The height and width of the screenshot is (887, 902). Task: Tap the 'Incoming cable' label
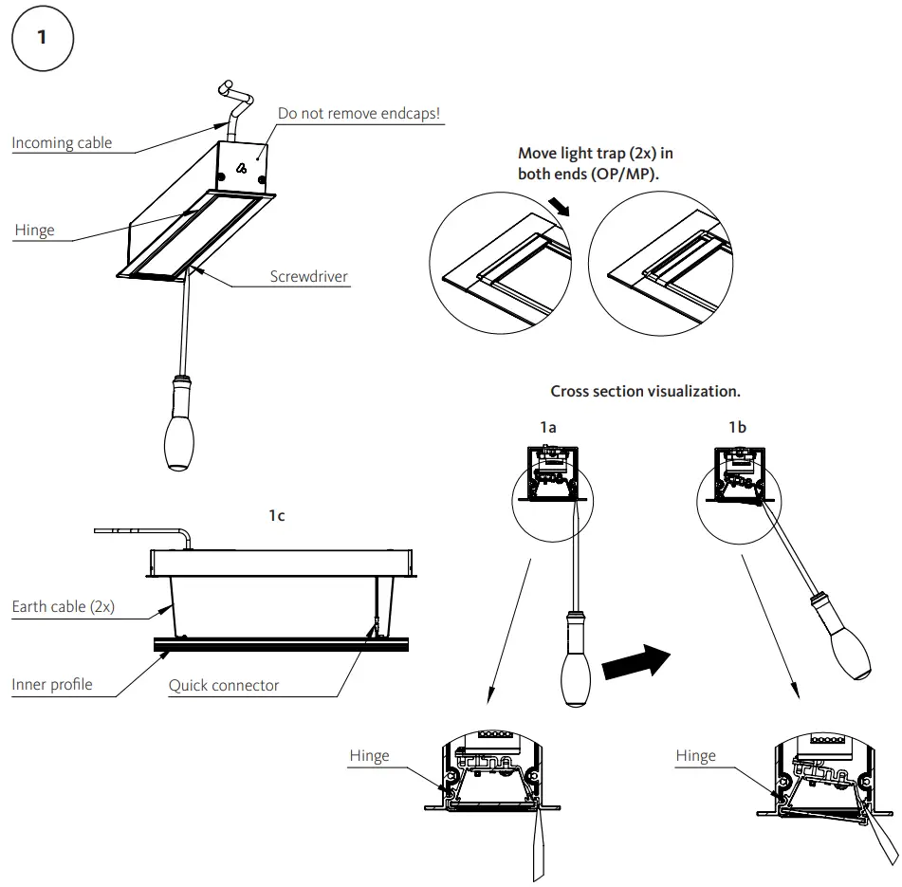[62, 143]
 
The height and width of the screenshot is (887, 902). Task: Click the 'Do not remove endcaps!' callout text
[359, 114]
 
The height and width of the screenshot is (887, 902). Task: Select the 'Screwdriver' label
[308, 278]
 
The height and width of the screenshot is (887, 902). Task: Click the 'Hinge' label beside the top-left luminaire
[34, 231]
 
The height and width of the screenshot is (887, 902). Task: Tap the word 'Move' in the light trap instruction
[538, 153]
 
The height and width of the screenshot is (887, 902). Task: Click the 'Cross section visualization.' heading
[645, 391]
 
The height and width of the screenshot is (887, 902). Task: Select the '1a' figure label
[547, 428]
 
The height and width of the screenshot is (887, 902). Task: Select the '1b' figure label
[737, 428]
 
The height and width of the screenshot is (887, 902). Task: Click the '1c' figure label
[276, 515]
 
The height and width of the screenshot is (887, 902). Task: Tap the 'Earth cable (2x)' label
[64, 607]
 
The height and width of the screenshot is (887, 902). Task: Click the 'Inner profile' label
[52, 684]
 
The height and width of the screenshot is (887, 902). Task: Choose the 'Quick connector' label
[224, 685]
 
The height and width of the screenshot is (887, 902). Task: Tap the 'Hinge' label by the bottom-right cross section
[695, 756]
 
